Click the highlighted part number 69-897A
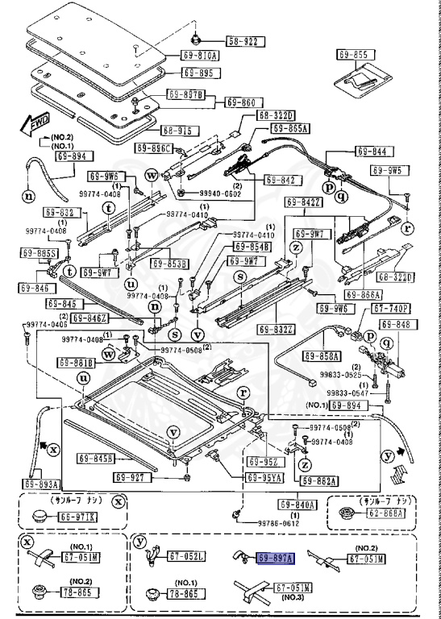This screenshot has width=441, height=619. (276, 557)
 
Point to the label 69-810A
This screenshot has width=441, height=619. (195, 56)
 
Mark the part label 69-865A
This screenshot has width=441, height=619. (291, 128)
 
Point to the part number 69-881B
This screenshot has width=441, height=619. (75, 363)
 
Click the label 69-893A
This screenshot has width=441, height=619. (41, 484)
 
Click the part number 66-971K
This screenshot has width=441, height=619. (79, 516)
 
